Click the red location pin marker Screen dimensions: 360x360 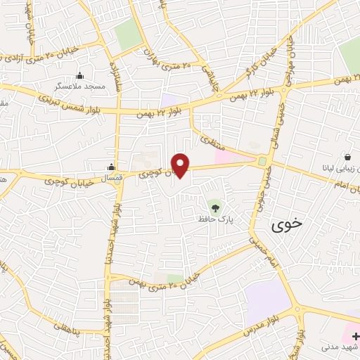[181, 165]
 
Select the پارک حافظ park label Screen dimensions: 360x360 [215, 219]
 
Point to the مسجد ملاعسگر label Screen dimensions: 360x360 [80, 85]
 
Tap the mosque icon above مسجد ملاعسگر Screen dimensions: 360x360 [80, 75]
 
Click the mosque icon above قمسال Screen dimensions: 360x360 [111, 167]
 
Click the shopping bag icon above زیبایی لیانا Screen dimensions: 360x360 [347, 157]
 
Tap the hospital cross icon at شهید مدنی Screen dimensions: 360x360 [354, 336]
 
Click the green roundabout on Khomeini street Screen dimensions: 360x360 [263, 162]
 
